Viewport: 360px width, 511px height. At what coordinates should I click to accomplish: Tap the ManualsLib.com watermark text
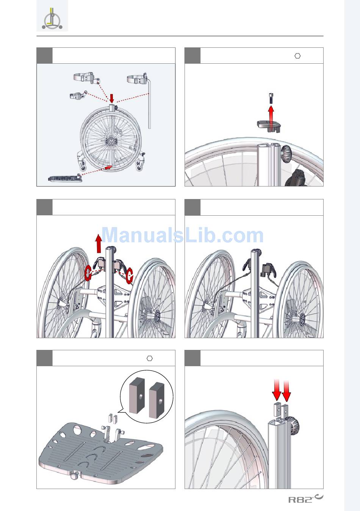(x=182, y=235)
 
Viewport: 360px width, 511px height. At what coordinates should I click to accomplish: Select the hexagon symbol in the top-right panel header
(x=297, y=56)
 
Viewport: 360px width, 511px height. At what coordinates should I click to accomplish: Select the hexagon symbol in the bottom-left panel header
(x=150, y=358)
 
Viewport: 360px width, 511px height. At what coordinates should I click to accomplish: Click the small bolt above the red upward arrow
(x=271, y=98)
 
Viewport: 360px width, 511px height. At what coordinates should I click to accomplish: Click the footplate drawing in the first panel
(x=65, y=178)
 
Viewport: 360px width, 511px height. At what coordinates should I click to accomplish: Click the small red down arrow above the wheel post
(x=111, y=98)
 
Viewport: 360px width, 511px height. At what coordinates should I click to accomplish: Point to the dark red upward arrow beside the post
(x=99, y=244)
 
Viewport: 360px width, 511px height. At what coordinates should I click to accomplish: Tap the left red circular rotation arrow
(x=88, y=274)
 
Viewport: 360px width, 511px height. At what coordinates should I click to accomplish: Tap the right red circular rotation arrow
(x=129, y=276)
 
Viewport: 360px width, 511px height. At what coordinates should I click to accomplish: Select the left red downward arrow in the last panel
(x=277, y=390)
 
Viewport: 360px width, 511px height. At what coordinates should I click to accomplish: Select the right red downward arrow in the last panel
(x=286, y=390)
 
